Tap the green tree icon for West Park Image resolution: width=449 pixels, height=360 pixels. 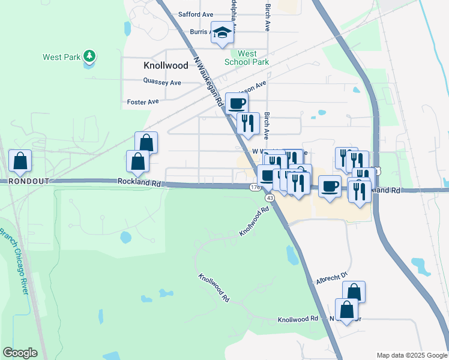(89, 56)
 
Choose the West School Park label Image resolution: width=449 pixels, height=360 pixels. (246, 58)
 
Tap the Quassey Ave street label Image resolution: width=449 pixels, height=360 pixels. (162, 82)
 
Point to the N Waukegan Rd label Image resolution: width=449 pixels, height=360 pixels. (208, 83)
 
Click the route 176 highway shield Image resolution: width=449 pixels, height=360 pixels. (255, 187)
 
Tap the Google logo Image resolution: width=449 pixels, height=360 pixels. (20, 353)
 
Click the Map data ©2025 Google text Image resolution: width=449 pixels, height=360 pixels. (412, 355)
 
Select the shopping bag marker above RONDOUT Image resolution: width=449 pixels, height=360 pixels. (20, 161)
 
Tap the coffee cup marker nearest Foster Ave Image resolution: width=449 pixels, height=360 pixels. (237, 103)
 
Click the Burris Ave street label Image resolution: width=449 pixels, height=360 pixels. (200, 31)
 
